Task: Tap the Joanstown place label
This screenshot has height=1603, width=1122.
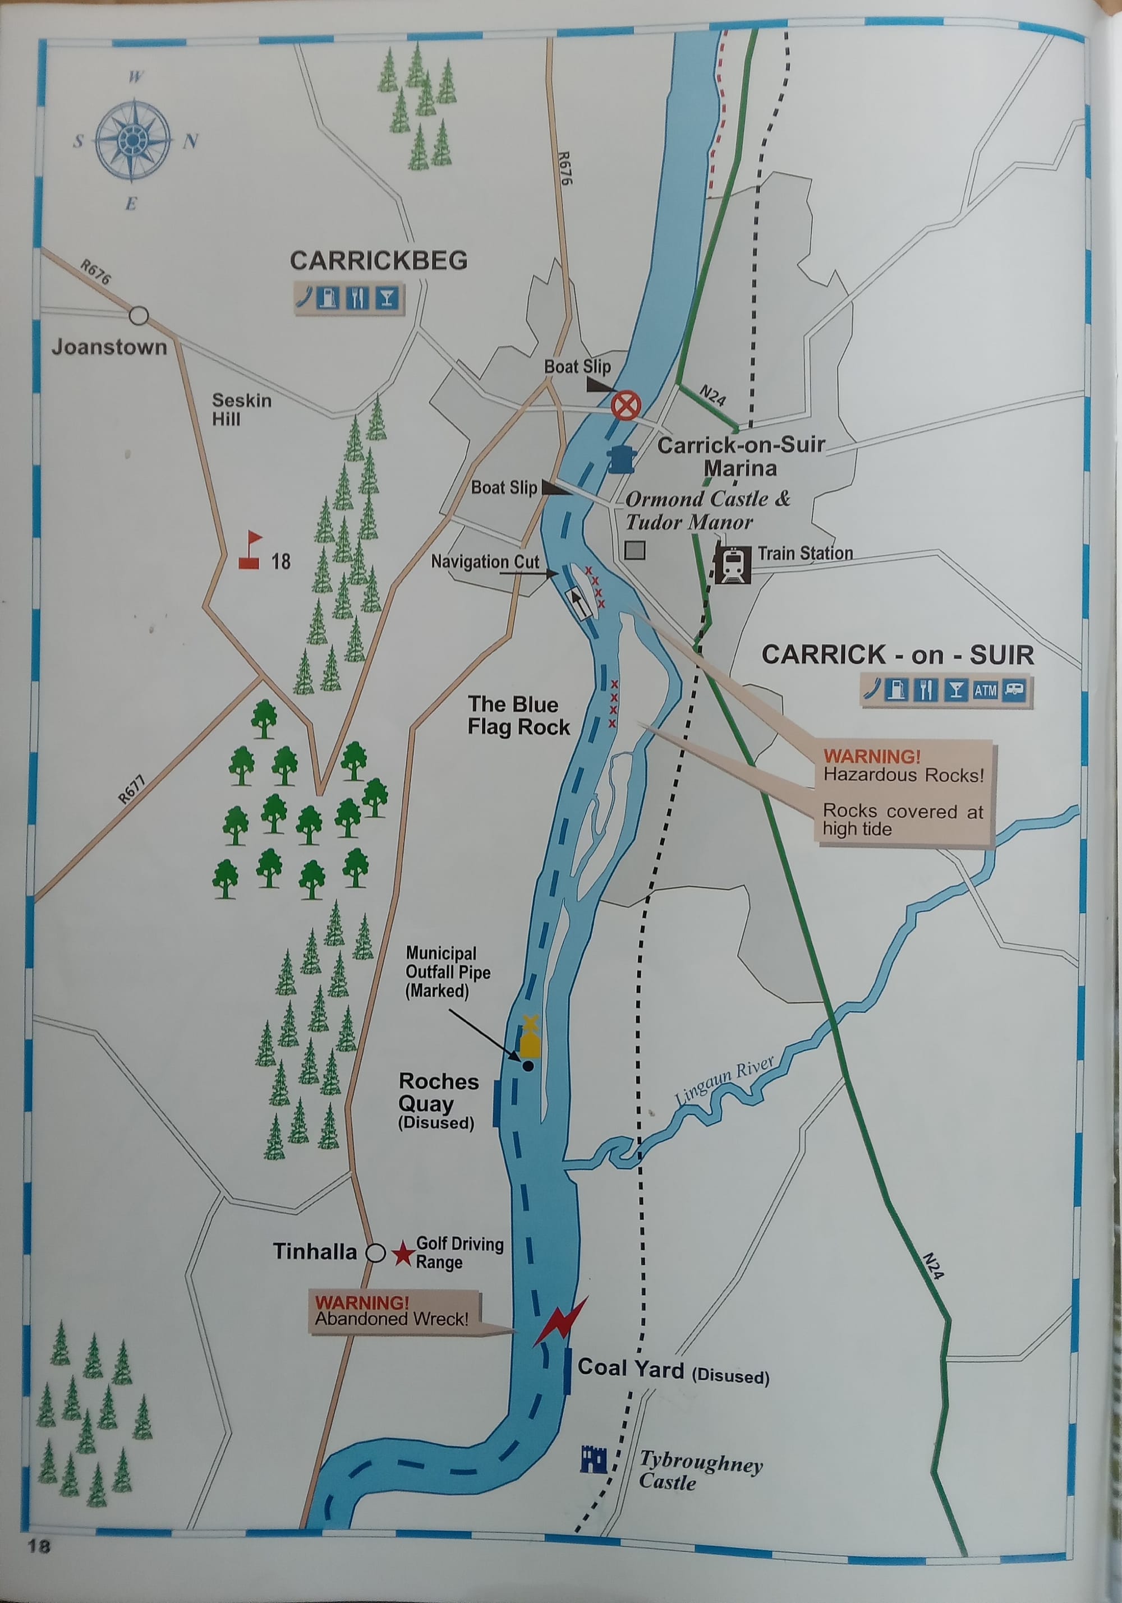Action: point(109,347)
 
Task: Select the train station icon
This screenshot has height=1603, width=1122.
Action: point(732,564)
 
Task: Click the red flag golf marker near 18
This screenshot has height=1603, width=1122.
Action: point(251,551)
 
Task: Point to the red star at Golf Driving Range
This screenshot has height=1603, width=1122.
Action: point(403,1254)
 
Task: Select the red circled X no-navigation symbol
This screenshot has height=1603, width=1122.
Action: point(626,405)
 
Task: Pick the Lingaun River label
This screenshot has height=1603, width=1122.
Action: point(725,1081)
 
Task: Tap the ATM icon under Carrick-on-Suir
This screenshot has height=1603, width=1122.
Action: point(985,690)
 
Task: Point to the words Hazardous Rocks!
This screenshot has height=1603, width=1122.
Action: point(903,775)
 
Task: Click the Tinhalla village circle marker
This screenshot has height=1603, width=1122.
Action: point(376,1253)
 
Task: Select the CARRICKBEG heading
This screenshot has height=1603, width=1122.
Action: point(379,260)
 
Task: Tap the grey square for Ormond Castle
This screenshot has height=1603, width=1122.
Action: point(634,551)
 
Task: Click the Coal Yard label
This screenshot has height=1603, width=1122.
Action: point(630,1369)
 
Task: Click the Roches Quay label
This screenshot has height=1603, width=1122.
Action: point(439,1093)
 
